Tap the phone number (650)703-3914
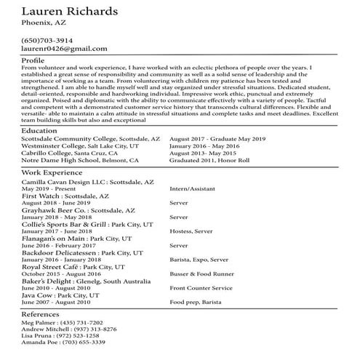tap(47, 39)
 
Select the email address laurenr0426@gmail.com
tap(65, 48)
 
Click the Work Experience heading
tap(52, 173)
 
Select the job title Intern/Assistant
tap(193, 188)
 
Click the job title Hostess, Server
tap(192, 231)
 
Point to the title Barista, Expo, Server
tap(199, 259)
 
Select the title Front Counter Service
tap(201, 287)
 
